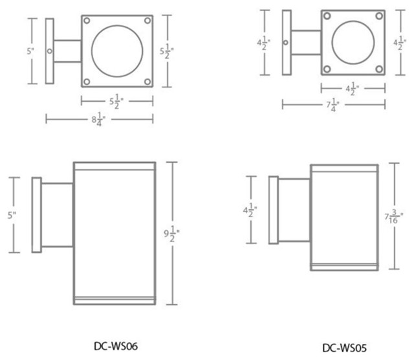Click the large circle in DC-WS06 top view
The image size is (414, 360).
(x=117, y=51)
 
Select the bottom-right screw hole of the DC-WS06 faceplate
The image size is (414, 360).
(x=147, y=81)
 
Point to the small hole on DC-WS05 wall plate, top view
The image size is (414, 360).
(x=286, y=43)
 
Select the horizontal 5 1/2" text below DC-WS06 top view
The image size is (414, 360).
(x=117, y=101)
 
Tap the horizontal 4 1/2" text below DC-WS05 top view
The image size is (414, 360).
(x=353, y=89)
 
